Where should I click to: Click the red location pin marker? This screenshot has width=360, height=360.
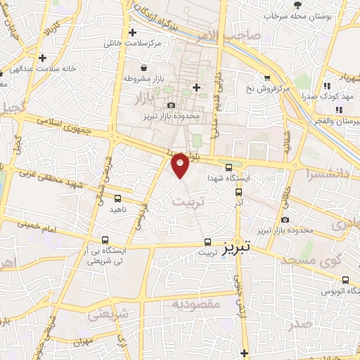pos(180,165)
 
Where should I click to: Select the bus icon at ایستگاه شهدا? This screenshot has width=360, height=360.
pos(229,167)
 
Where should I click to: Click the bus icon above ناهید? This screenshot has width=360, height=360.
pos(117,198)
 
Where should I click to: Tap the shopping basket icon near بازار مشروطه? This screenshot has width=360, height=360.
pos(145,68)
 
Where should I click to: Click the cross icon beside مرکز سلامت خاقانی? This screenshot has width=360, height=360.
pos(133,32)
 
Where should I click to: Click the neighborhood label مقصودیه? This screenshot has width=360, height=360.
pos(197,304)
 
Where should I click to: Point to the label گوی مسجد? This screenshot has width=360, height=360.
pos(309,260)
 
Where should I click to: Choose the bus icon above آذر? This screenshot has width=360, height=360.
pos(238,191)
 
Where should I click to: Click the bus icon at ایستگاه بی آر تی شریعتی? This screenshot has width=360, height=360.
pos(105,240)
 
